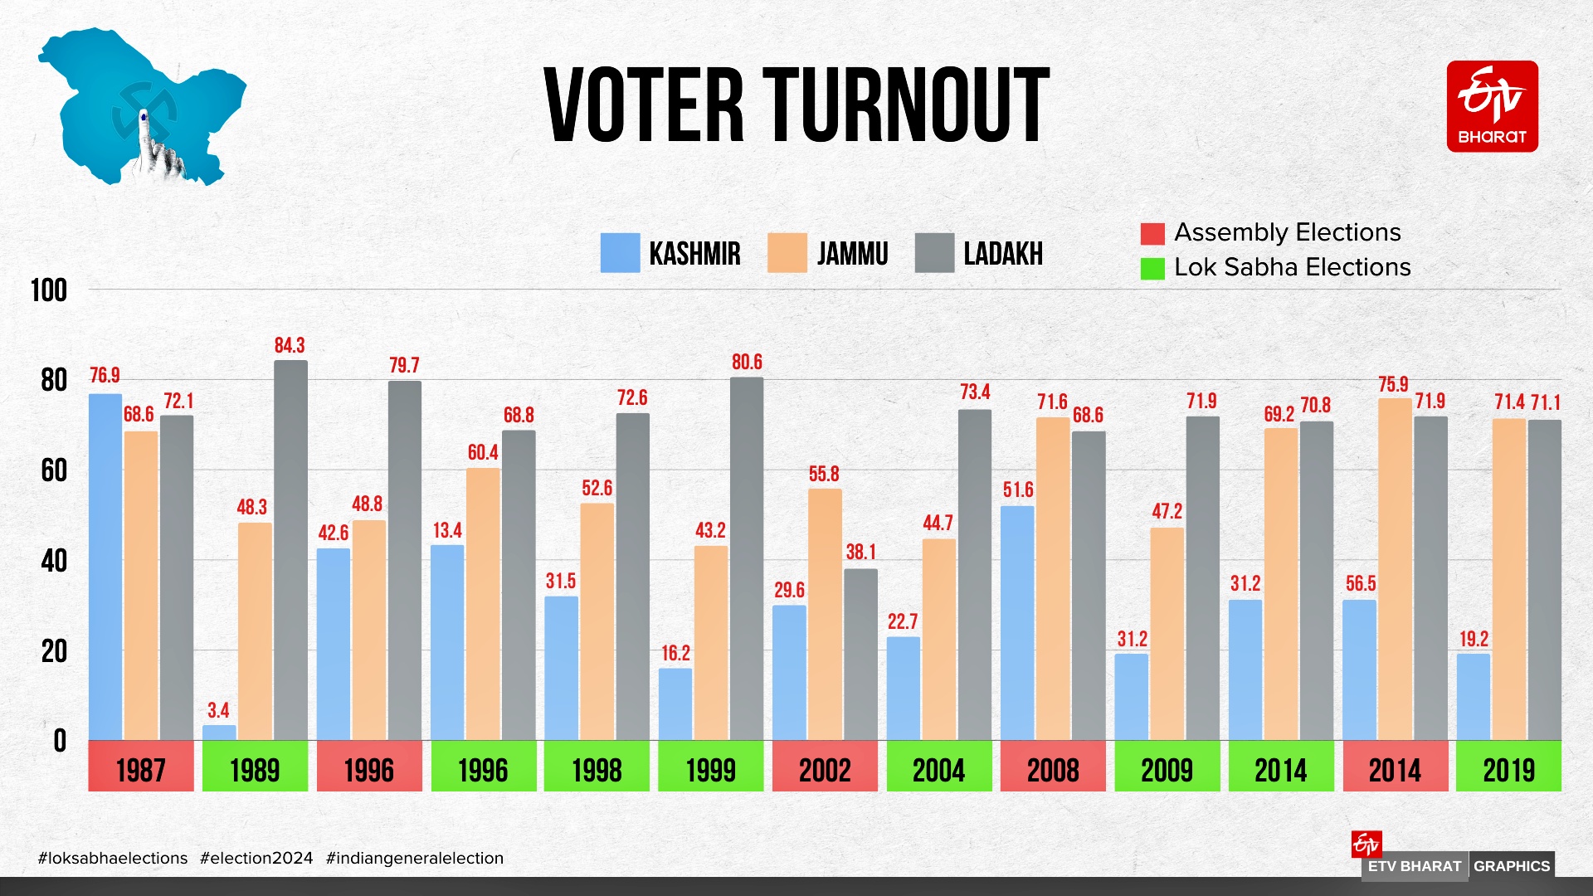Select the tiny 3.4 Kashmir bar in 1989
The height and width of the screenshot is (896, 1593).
[219, 733]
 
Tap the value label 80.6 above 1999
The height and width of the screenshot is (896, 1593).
[747, 363]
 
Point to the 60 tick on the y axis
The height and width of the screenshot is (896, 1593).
[54, 471]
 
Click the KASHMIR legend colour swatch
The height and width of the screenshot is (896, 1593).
[620, 253]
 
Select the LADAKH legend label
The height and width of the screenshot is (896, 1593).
[1002, 254]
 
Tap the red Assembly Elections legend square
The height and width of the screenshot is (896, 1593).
[1152, 234]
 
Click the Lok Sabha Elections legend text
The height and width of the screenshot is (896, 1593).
[1292, 267]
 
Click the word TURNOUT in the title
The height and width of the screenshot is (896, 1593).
[906, 106]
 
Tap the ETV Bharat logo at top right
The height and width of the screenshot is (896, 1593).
[1492, 106]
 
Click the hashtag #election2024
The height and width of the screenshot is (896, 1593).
[256, 858]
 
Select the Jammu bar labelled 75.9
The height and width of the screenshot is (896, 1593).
[1395, 569]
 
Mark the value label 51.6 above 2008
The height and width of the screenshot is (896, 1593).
[1018, 489]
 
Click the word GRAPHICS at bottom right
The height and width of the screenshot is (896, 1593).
[1511, 866]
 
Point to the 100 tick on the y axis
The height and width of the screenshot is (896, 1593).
[49, 291]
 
